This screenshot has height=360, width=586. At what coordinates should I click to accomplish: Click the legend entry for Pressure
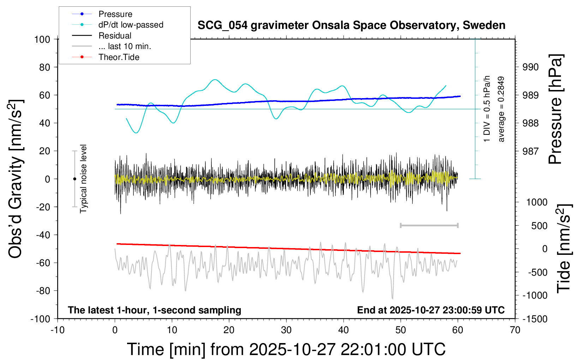point(115,14)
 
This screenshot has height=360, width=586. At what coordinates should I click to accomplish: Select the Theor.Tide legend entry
point(119,57)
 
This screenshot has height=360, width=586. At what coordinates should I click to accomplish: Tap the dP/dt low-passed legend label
point(131,25)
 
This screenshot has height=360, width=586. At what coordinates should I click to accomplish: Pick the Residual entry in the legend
point(115,36)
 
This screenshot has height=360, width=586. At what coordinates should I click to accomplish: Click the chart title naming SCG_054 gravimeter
point(351,25)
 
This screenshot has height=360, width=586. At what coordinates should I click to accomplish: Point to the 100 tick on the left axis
point(42,39)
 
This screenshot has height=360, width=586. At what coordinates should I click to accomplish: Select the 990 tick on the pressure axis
point(531,67)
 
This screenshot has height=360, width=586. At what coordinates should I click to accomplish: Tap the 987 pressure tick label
point(531,151)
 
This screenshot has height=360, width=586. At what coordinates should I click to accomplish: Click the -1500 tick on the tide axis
point(535,319)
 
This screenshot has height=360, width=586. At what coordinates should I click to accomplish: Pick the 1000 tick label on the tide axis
point(537,202)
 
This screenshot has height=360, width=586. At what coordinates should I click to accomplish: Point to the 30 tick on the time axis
point(286,330)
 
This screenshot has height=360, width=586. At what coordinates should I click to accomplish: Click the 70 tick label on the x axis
point(515,330)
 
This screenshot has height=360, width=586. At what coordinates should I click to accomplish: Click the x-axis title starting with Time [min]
point(286,349)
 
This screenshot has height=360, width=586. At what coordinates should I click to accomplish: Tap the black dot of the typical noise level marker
point(74,179)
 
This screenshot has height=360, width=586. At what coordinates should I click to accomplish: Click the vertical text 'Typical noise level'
point(83,179)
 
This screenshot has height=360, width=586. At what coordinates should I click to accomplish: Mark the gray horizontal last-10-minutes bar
point(429,225)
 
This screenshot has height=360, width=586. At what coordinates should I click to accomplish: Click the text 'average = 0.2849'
point(501,109)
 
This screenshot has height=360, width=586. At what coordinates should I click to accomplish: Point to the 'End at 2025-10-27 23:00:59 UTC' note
point(431,310)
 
